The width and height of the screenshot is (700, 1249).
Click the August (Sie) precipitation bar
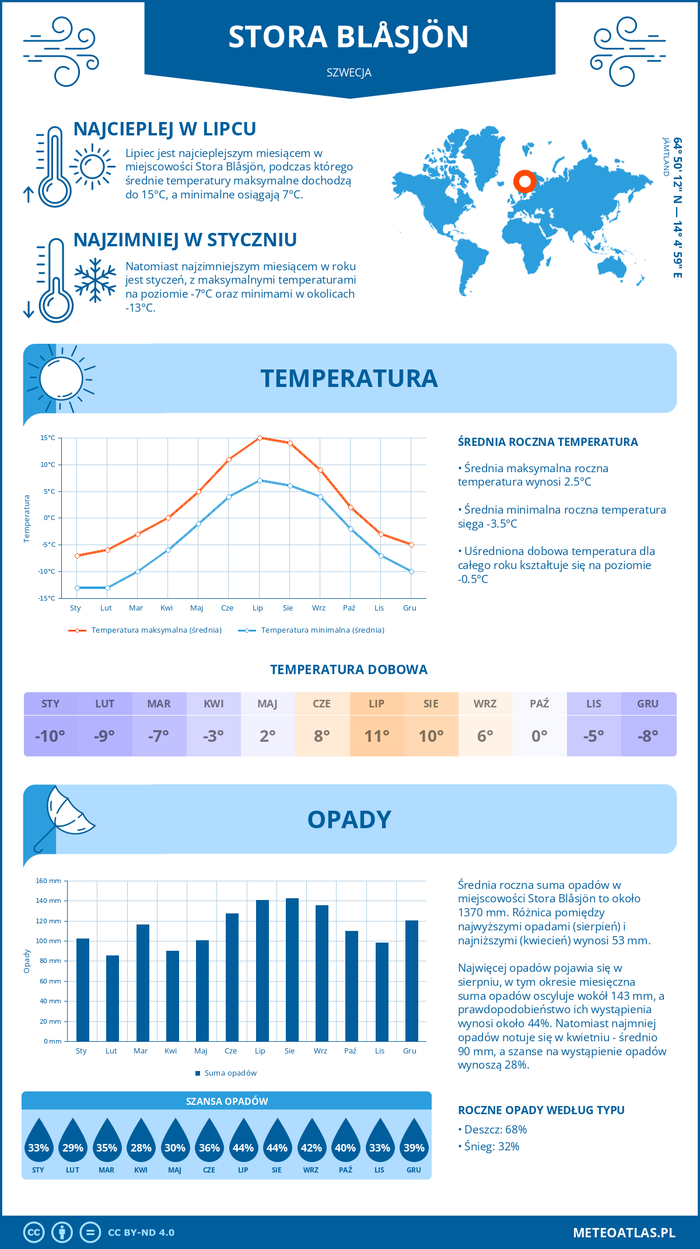coord(292,970)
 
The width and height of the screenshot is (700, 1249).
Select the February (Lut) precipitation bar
coord(113,998)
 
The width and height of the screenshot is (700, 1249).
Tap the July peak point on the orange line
coord(260,438)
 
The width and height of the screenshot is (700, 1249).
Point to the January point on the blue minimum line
coord(77,588)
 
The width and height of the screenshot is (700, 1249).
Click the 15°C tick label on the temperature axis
coord(48,438)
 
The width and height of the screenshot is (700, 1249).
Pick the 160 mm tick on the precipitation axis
coord(49,881)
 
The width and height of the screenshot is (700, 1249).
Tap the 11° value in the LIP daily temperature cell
coord(377,736)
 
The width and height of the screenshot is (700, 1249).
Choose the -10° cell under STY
coord(50,736)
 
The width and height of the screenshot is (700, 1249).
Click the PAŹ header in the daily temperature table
coord(539,704)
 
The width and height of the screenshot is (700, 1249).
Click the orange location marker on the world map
coord(525,182)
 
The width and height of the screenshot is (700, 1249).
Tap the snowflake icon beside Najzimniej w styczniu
coord(95,280)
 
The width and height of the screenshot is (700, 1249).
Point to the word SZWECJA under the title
coord(349,73)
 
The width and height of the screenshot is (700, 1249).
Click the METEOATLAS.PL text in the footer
coord(624,1233)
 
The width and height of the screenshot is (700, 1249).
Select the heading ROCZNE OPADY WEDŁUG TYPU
coord(541,1110)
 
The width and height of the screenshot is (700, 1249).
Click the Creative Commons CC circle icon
coord(34,1233)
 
